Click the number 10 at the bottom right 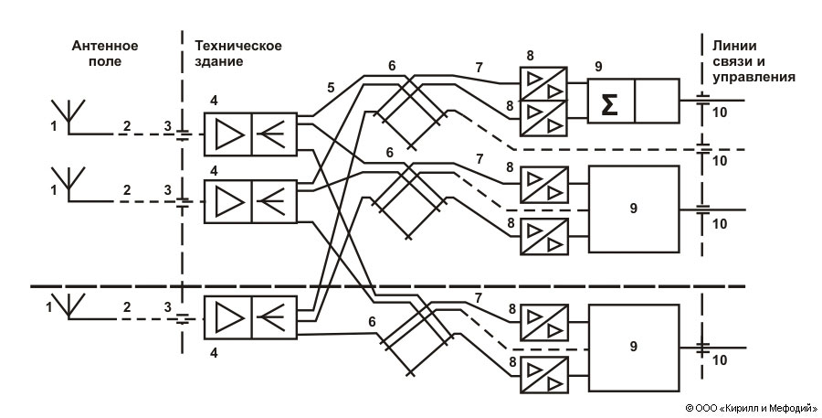[x=720, y=360]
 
